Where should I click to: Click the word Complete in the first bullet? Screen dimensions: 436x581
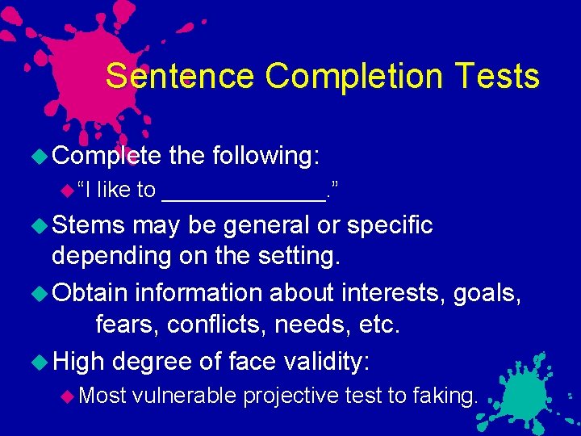point(107,155)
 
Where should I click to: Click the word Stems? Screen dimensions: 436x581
point(89,225)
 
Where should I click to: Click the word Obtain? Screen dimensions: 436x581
point(90,291)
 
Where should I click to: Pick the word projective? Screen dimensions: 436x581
point(290,395)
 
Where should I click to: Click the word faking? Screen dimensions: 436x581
point(445,395)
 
